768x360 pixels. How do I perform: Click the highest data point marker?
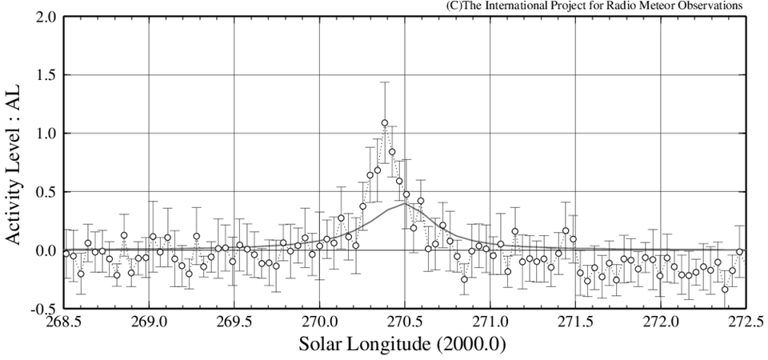coord(385,123)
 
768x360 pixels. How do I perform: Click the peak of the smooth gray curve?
coord(404,203)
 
